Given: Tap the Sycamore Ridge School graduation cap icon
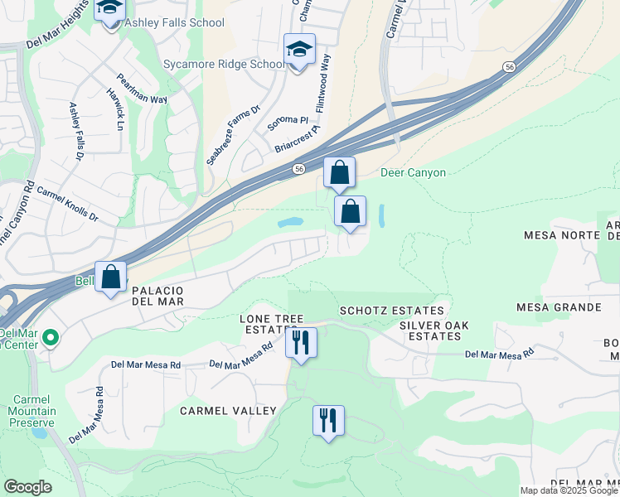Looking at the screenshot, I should point(299,50).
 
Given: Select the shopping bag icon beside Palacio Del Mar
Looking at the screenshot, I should point(111,277).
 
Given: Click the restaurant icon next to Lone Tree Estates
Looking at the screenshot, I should point(301,342).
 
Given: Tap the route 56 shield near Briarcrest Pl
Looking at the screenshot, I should point(298,169).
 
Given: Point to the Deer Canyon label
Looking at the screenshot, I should point(413,173).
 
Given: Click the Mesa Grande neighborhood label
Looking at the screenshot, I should point(559,307).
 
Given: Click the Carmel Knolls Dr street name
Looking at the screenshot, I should point(67,204).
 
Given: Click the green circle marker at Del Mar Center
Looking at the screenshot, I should point(50,337).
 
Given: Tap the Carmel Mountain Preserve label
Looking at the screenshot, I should point(33,411).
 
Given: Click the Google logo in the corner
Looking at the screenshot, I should point(27,487).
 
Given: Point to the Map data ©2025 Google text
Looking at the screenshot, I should point(569,490).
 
